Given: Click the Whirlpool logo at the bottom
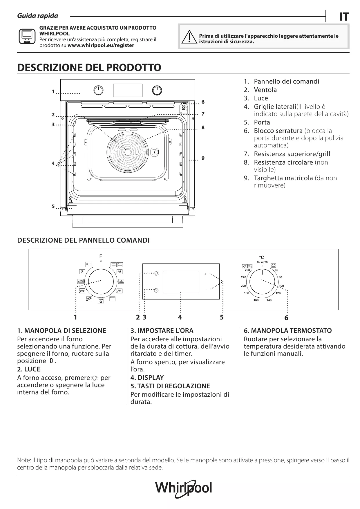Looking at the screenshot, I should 184,488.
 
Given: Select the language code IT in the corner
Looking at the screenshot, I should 344,17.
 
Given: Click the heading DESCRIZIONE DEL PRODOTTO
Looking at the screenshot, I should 89,68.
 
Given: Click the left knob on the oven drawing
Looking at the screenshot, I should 99,91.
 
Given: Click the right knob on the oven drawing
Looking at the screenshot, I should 157,91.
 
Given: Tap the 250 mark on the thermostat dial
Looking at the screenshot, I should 247,270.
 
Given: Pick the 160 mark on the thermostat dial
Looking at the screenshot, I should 256,300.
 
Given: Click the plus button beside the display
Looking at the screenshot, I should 205,274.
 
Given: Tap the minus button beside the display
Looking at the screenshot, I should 205,290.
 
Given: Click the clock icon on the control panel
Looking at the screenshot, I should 156,290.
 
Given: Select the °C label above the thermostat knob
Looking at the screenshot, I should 261,257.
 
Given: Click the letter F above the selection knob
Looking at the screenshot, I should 101,256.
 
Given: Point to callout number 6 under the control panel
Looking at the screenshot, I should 286,318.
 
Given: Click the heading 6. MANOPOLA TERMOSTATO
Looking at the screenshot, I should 287,331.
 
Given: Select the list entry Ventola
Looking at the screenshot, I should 265,90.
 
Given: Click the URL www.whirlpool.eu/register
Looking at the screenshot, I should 101,45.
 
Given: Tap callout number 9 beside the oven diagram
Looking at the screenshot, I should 203,158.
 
